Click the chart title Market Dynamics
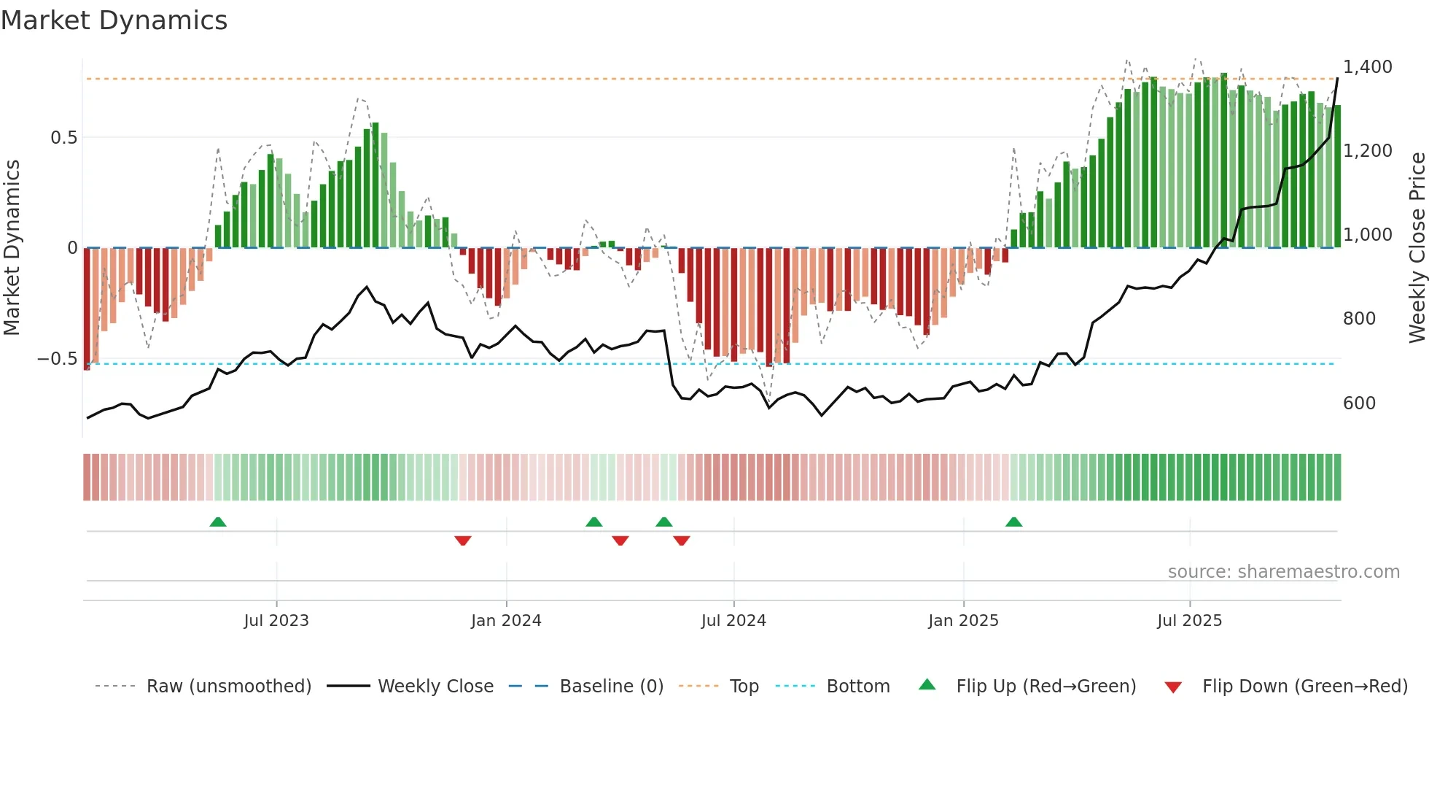pos(114,20)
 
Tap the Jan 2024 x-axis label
pos(506,621)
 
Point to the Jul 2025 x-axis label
pos(1189,621)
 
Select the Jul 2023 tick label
pos(276,621)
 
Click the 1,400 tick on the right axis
pos(1368,67)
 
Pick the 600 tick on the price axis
pos(1359,403)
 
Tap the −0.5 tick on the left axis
pos(57,359)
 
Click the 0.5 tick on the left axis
pos(63,138)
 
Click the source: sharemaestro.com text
pos(1283,572)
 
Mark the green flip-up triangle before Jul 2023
pos(218,522)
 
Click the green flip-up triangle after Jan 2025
pos(1013,522)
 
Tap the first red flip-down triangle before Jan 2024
pos(463,541)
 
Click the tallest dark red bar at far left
pos(87,309)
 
